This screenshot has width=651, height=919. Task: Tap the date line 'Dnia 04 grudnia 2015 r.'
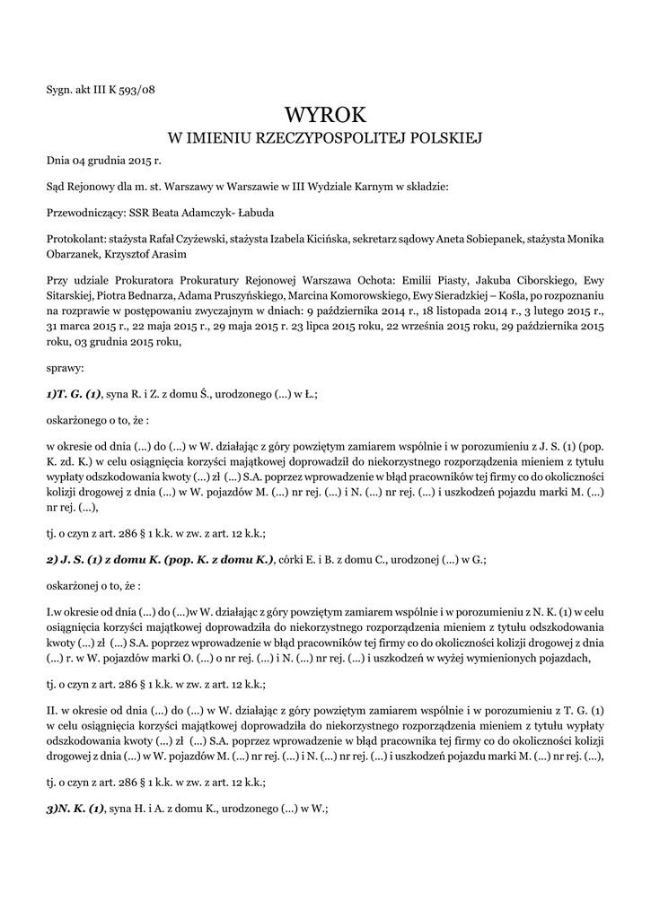(103, 162)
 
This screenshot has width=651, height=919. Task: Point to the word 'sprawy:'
(64, 369)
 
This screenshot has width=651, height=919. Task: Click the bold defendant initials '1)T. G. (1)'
(74, 394)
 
